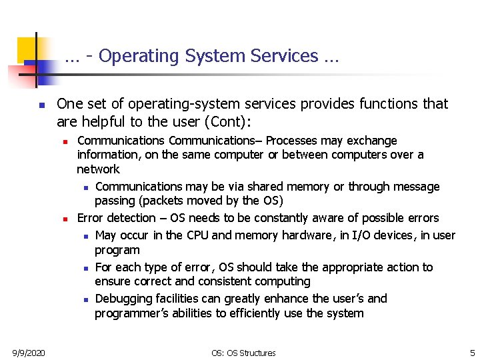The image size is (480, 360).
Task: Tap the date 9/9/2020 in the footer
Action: tap(29, 353)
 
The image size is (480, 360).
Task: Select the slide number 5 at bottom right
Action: tap(472, 353)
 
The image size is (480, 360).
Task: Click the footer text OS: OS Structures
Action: tap(243, 353)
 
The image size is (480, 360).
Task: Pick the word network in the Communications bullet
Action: tap(98, 169)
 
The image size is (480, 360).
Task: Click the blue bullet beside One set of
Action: tap(41, 105)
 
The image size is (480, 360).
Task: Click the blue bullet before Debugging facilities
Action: tap(86, 299)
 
